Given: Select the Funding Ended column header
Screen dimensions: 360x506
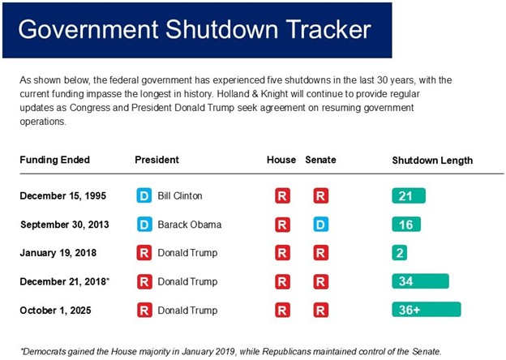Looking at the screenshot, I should pos(54,160).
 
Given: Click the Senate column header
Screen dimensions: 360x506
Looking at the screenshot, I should pos(320,160).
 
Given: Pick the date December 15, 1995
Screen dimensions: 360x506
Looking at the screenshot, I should pos(62,196).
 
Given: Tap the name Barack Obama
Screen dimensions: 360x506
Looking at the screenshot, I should pos(188,225).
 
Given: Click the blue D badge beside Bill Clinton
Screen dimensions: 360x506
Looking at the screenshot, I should pos(144,196).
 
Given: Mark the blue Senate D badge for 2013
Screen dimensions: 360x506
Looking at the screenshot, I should pos(321,225).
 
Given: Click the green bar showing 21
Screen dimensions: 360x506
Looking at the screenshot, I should pos(408,196).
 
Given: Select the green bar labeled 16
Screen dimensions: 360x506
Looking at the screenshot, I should pos(405,225).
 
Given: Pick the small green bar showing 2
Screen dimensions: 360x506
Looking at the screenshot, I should pos(399,253).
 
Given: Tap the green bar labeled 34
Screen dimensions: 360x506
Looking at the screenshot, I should pos(420,281).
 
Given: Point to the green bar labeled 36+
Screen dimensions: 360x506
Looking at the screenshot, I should pos(426,310).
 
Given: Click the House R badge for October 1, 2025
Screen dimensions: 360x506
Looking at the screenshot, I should pos(282,310).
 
